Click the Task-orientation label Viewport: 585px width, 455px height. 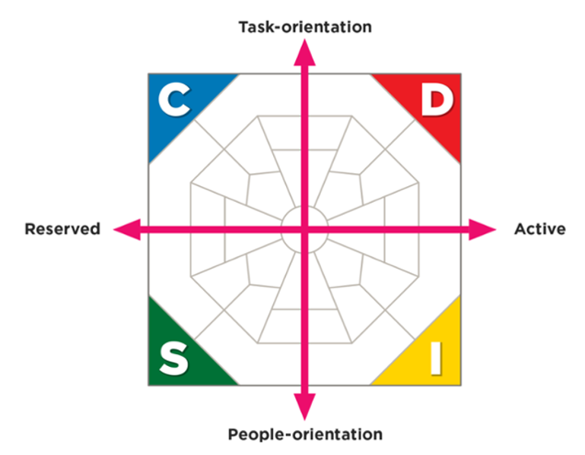coord(305,27)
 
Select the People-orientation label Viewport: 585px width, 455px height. coord(305,434)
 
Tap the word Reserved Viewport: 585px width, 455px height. coord(62,229)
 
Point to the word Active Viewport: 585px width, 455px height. coord(540,229)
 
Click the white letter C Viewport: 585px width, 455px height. coord(175,100)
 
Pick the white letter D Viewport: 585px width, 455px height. coord(437,100)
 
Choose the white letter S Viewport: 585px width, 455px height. coord(174,359)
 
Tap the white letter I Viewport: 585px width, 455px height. coord(436,359)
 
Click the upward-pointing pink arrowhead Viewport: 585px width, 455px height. coord(305,53)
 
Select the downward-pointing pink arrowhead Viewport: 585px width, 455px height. coord(305,407)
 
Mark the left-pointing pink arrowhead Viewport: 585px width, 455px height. coord(127,229)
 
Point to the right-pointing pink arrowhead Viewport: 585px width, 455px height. coord(483,229)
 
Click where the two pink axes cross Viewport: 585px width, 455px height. coord(305,229)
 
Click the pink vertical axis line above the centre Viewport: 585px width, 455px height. coord(305,145)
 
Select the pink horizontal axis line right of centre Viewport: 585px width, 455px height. coord(389,229)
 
